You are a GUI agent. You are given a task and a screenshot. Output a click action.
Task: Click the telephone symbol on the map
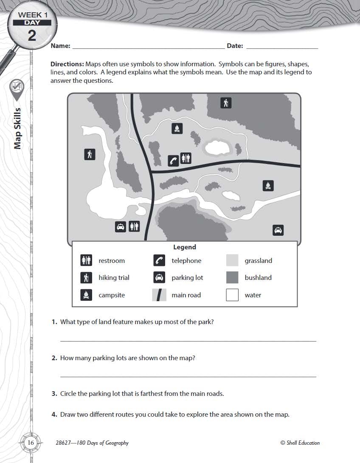pos(174,160)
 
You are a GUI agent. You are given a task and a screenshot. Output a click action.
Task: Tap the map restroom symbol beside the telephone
pos(186,158)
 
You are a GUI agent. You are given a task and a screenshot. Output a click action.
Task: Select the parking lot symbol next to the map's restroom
pos(121,227)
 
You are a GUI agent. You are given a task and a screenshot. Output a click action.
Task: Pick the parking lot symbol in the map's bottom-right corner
pos(278,230)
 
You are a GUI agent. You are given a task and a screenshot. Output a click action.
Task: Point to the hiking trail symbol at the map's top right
pos(226,102)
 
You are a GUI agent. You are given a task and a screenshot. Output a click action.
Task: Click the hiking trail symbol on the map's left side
pos(90,155)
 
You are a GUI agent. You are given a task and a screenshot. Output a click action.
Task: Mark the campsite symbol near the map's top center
pos(177,128)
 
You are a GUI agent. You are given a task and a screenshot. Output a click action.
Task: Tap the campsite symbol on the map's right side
pos(268,186)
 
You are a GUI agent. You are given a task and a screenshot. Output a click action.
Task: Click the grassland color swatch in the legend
pos(232,260)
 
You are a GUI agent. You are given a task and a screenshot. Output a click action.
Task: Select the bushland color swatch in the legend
pos(232,277)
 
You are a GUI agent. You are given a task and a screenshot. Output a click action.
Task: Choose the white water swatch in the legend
pos(232,295)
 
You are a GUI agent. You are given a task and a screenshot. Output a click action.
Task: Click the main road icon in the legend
pos(159,295)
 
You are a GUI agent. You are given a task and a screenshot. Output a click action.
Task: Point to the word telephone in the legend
pos(186,261)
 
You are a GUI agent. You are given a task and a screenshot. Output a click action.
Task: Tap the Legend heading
pos(185,247)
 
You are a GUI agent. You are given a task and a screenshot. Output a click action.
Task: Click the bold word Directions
pos(67,64)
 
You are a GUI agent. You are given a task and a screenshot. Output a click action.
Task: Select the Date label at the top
pos(235,46)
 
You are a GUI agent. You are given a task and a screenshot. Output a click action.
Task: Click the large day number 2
pos(32,35)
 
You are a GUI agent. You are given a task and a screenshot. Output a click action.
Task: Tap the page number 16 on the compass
pos(31,443)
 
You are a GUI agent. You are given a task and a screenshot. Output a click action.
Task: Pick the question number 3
pos(54,394)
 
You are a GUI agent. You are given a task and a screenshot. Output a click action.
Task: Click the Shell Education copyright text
pos(300,443)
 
